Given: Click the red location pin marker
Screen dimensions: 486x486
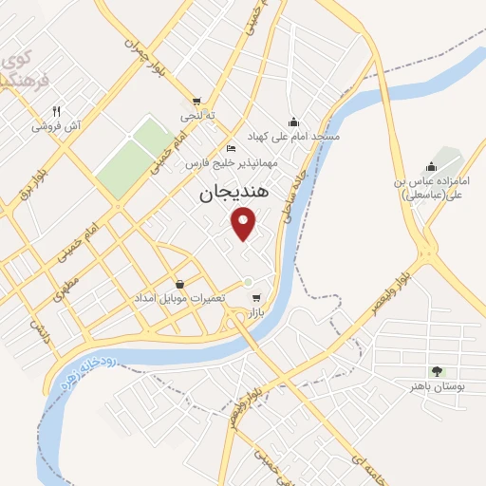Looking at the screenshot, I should (x=245, y=224).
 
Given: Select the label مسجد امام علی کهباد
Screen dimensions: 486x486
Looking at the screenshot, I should (x=293, y=137).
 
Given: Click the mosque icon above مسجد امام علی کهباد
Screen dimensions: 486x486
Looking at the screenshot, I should (x=293, y=121).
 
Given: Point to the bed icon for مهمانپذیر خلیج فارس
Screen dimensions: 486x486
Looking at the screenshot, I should (x=231, y=149).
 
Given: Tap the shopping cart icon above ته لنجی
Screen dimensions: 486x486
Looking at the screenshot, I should (x=196, y=101).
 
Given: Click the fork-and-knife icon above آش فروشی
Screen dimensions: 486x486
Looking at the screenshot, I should (x=57, y=111).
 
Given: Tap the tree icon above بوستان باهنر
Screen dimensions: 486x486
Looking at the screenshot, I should (x=437, y=370).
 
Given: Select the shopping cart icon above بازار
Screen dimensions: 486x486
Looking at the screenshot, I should (x=255, y=297).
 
